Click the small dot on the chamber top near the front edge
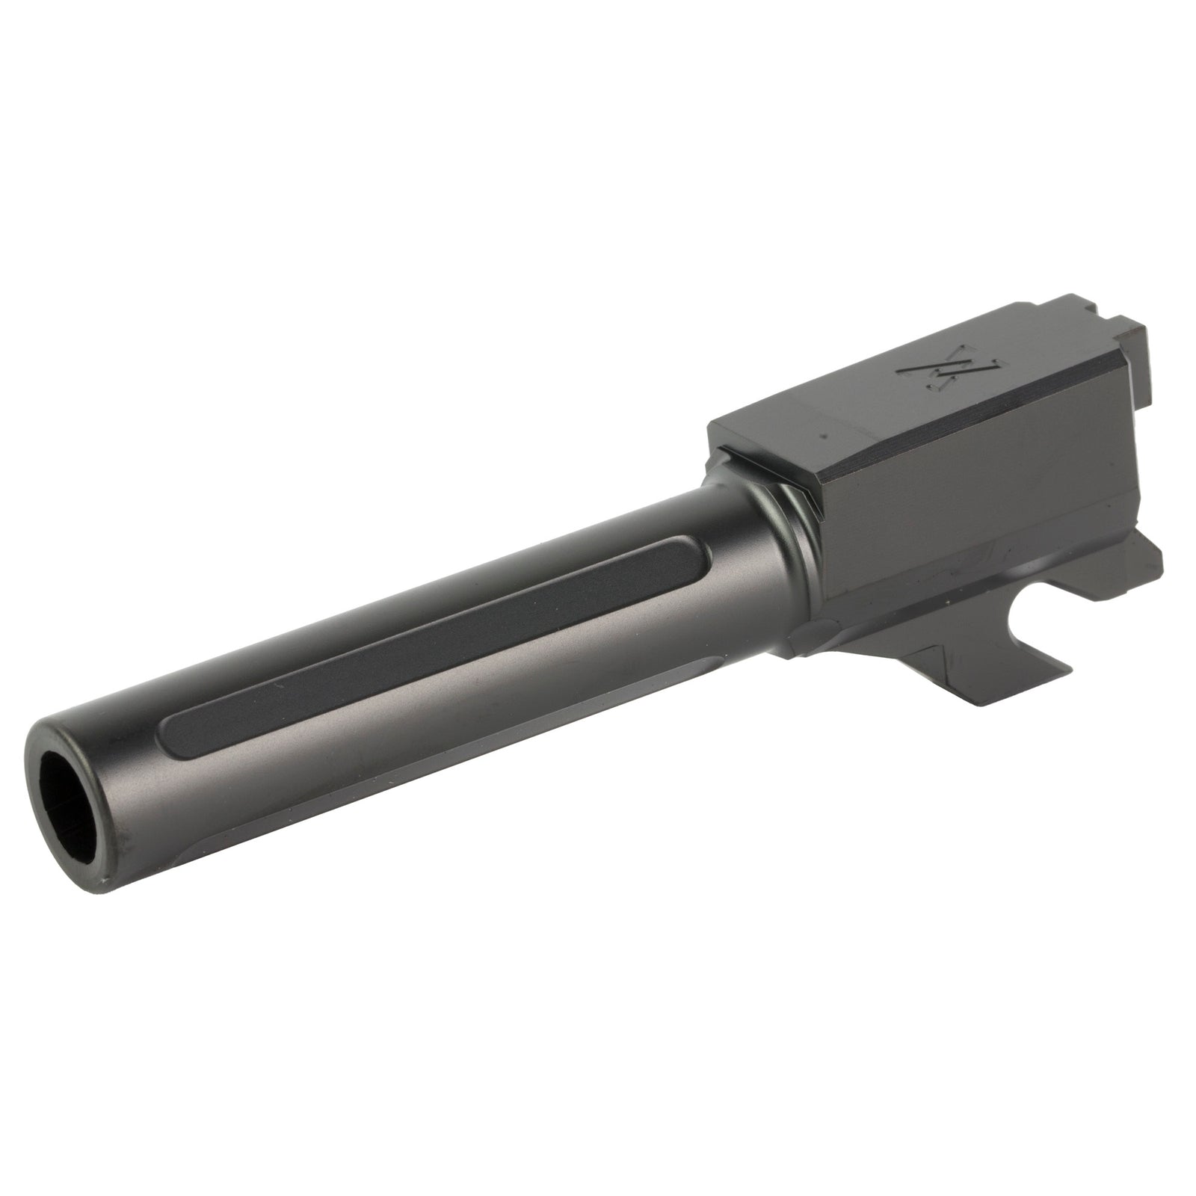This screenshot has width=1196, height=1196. pos(822,434)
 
